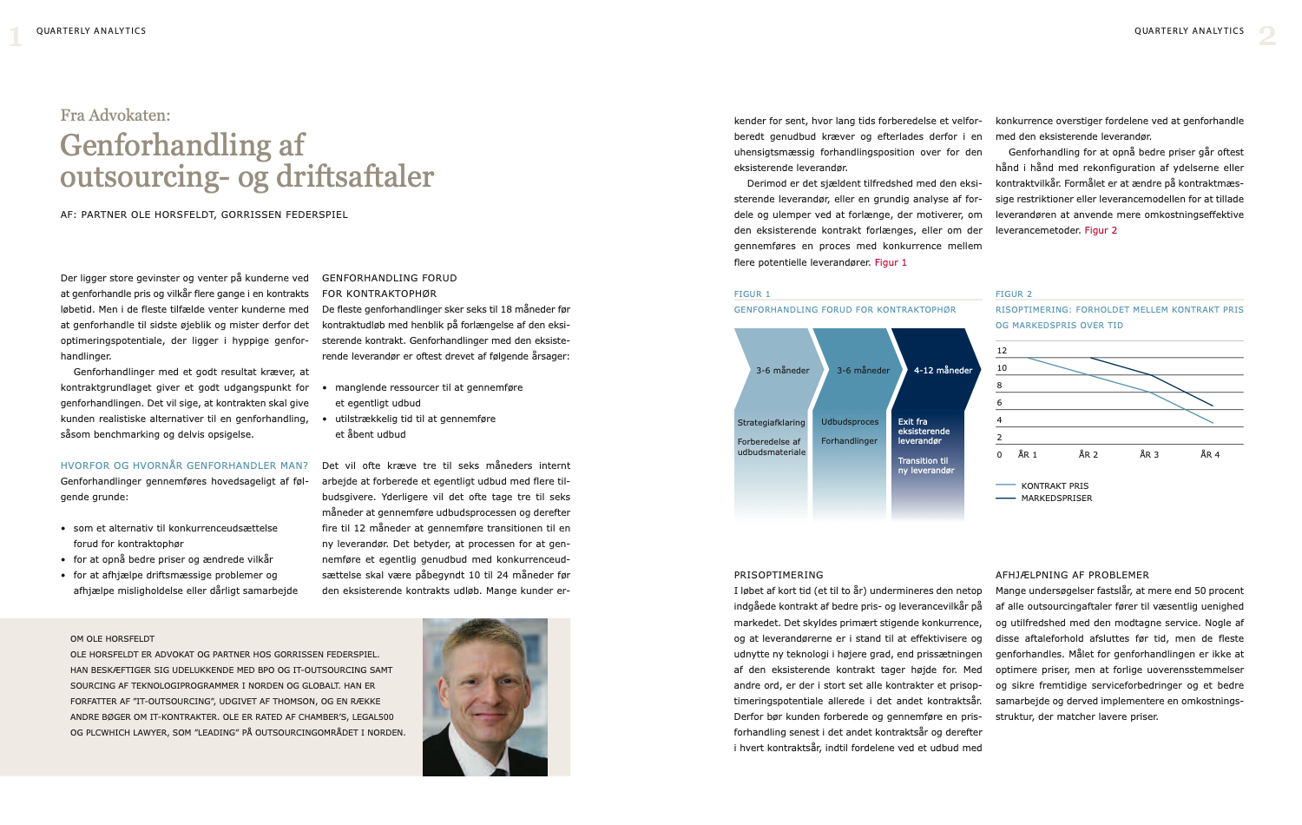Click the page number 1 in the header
(15, 36)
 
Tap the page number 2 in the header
(1267, 36)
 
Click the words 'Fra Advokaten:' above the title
(115, 115)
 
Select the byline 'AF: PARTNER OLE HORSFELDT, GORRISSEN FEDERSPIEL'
(204, 214)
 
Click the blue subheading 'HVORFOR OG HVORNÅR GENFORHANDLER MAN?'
(184, 465)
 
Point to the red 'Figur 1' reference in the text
(891, 262)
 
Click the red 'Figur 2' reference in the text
(1101, 231)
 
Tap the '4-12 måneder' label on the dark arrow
(943, 371)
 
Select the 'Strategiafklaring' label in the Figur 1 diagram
(771, 423)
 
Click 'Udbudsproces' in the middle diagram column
(850, 422)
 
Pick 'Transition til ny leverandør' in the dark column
(925, 465)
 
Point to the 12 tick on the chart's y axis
(1002, 351)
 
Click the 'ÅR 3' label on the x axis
(1149, 455)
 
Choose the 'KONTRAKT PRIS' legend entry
(1055, 486)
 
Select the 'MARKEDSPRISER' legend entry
(1056, 498)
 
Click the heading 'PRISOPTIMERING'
(779, 575)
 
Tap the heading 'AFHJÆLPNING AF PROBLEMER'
(1072, 575)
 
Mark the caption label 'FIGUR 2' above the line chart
(1014, 294)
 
